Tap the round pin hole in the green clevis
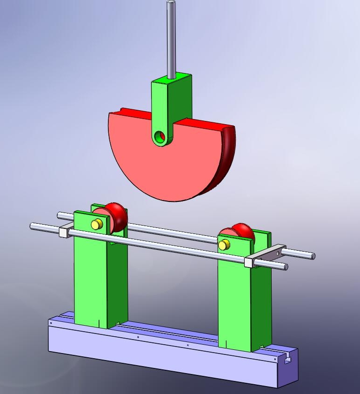point(160,136)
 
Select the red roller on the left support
point(116,216)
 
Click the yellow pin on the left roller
point(96,225)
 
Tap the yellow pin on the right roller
point(224,244)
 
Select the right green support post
point(235,302)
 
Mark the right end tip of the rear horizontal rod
point(313,256)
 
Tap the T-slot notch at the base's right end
point(288,358)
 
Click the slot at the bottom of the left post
point(99,322)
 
